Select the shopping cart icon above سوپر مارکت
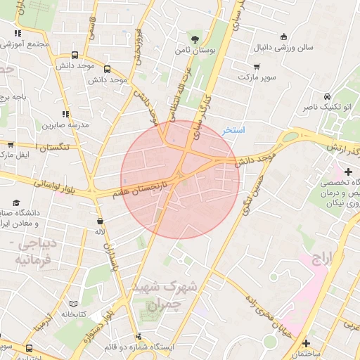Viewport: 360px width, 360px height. click(x=257, y=67)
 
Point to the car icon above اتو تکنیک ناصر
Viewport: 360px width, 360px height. click(x=327, y=96)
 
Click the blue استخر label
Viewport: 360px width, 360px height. click(x=233, y=131)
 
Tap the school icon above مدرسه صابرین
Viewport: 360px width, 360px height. click(x=65, y=113)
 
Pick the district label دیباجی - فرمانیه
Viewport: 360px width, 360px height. click(x=35, y=252)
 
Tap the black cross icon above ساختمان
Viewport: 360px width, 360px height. click(x=305, y=343)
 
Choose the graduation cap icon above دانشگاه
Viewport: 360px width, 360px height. click(x=348, y=172)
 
